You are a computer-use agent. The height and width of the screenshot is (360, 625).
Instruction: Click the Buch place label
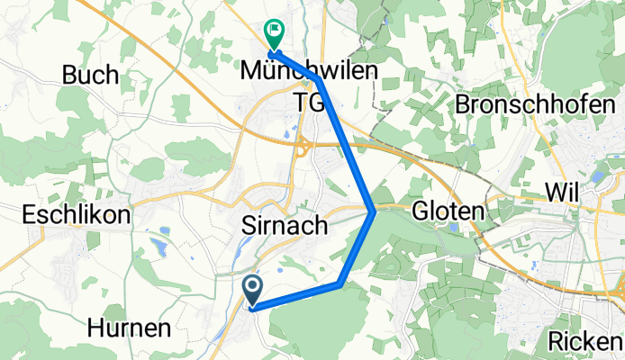91,76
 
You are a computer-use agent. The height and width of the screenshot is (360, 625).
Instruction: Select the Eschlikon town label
77,216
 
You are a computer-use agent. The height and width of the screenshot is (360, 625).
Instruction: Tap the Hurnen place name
130,328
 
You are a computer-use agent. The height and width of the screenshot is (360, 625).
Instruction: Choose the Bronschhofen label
542,105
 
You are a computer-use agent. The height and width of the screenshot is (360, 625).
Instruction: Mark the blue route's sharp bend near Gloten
374,212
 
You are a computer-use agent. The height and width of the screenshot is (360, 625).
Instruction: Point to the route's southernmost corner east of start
340,284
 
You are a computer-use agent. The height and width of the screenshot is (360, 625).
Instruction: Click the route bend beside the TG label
320,81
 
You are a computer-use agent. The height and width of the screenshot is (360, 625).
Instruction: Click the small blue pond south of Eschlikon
161,246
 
